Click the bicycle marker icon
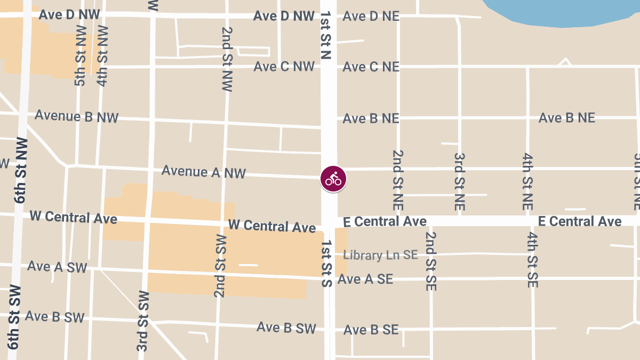click(x=333, y=179)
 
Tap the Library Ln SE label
click(x=380, y=255)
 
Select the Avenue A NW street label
click(x=204, y=172)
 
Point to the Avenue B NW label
click(x=77, y=116)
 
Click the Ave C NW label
click(x=284, y=67)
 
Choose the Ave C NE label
click(x=371, y=67)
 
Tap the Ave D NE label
click(x=371, y=16)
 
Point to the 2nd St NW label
click(x=227, y=59)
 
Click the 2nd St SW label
click(x=220, y=265)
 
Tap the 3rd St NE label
click(x=459, y=181)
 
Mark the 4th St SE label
click(x=532, y=260)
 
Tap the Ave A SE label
click(x=365, y=279)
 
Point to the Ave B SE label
click(x=371, y=330)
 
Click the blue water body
click(x=565, y=11)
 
